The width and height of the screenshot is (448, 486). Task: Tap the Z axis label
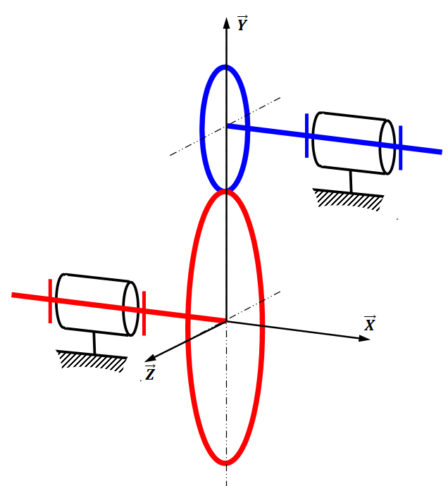tap(150, 373)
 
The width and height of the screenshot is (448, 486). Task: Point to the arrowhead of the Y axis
tap(225, 22)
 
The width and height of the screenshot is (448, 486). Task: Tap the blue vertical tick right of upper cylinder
tap(400, 147)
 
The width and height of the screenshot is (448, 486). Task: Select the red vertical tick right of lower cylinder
tap(144, 313)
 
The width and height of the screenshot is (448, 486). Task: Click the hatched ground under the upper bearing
tap(349, 200)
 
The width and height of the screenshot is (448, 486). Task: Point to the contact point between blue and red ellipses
tap(225, 191)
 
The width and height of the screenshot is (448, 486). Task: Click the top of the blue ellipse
tap(225, 67)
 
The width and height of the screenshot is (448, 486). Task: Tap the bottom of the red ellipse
tap(226, 463)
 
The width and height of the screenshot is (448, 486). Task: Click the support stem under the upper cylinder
tap(351, 181)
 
